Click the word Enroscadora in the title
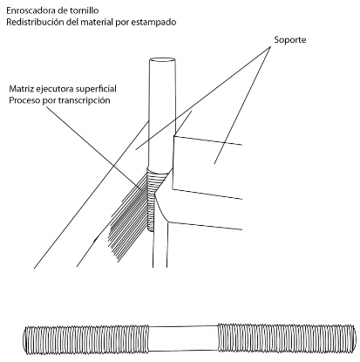(28, 10)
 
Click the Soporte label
(290, 40)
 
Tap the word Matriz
(20, 88)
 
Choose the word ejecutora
(52, 89)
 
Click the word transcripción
(85, 100)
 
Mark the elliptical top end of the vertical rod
(162, 61)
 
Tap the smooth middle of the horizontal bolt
(184, 338)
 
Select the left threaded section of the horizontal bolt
(87, 338)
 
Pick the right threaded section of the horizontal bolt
(286, 338)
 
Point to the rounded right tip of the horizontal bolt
(353, 338)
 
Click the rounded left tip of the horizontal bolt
(25, 339)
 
